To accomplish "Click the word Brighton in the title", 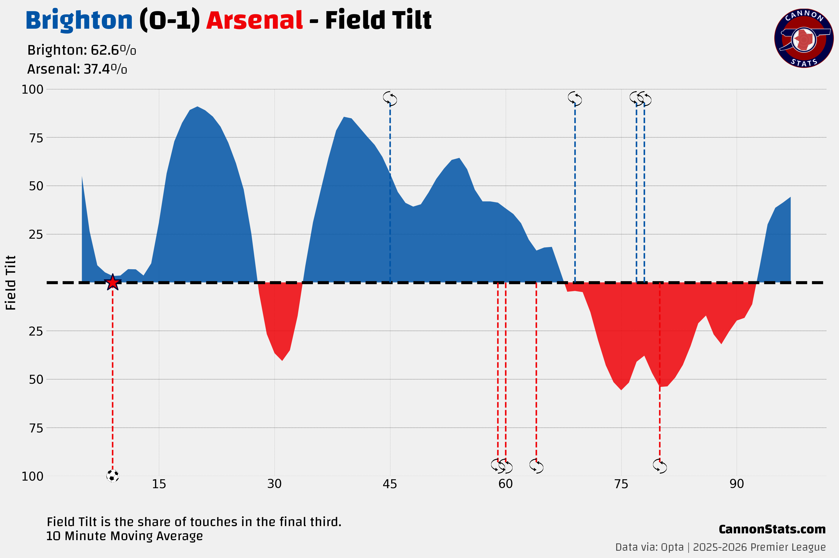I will pos(79,20).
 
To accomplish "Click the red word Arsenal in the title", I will pos(254,20).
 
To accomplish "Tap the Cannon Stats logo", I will pos(804,38).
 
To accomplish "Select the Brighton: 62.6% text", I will pos(81,50).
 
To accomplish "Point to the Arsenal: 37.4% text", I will pos(77,69).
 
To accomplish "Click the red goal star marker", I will pos(112,282).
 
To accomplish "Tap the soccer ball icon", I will pos(112,476).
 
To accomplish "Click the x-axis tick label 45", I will pos(390,484).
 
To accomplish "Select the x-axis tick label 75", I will pos(621,484).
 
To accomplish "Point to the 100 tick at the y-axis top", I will pos(32,89).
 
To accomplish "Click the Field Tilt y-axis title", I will pos(11,283).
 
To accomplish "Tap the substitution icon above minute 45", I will pos(390,98).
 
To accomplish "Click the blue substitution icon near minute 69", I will pos(574,98).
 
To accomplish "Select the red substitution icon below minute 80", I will pos(660,466).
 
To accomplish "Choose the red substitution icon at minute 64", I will pos(536,466).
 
